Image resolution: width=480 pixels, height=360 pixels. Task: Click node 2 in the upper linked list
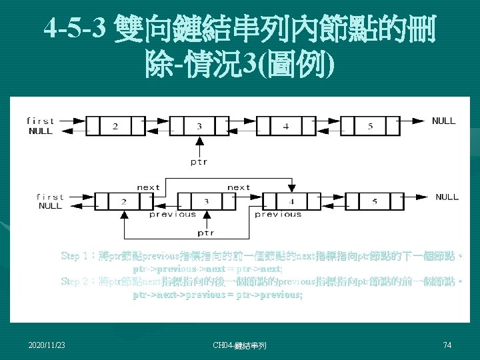[115, 125]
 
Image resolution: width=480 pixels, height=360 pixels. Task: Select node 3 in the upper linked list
[200, 125]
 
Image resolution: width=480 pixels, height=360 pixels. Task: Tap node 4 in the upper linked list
[286, 125]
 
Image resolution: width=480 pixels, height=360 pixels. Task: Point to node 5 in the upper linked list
[371, 125]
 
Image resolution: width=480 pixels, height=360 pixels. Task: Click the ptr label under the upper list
[199, 162]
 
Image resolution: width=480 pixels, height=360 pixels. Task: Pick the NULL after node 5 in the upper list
[443, 121]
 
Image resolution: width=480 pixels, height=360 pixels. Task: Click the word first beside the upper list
[41, 121]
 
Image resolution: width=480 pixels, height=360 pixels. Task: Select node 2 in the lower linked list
[123, 201]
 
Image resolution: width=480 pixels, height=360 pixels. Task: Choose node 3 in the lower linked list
[206, 201]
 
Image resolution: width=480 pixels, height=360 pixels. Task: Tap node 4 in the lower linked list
[291, 201]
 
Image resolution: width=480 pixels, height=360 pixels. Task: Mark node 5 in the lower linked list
[375, 201]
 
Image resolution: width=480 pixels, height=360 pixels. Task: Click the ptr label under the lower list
[206, 233]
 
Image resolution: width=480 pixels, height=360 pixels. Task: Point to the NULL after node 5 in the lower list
[447, 197]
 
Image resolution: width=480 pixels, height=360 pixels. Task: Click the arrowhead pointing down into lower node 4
[291, 188]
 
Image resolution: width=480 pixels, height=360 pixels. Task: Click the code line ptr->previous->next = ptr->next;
[207, 269]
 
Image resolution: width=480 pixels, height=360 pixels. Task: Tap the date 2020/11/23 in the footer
[47, 345]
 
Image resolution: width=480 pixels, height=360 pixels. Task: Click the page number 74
[447, 345]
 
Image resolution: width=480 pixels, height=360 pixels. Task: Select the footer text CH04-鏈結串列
[239, 345]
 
